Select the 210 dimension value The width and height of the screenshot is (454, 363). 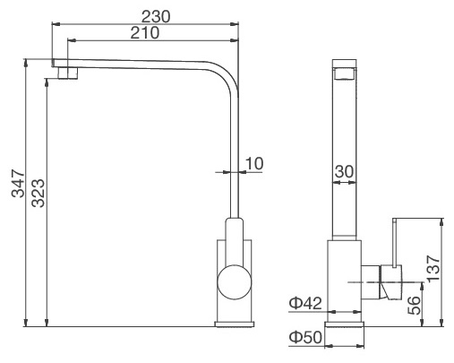[143, 33]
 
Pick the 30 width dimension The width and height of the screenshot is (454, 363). [345, 171]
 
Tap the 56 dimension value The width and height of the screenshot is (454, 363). [414, 307]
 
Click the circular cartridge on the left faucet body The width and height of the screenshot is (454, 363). [236, 282]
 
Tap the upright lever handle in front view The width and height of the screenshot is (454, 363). [393, 243]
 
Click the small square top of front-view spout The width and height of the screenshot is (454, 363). [346, 69]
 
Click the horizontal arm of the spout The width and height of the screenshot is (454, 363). [143, 65]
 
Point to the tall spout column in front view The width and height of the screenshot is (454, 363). [346, 152]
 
